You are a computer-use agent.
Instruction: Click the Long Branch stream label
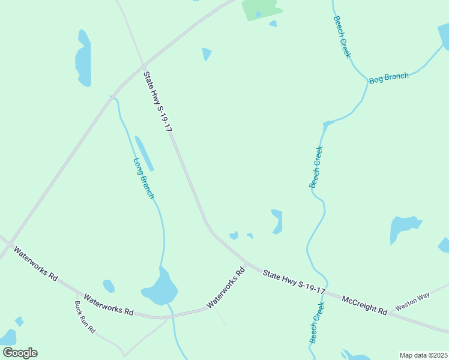click(x=144, y=178)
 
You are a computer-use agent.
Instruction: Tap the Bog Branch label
click(x=388, y=78)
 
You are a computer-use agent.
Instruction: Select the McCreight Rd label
click(x=364, y=304)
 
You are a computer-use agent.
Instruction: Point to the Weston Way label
click(x=412, y=302)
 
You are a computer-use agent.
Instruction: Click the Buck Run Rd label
click(x=85, y=317)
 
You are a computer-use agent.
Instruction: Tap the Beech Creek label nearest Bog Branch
click(x=342, y=37)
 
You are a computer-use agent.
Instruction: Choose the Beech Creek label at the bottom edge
click(x=317, y=323)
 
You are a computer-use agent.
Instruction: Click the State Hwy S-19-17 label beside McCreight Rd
click(x=294, y=282)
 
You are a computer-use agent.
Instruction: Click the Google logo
click(x=20, y=353)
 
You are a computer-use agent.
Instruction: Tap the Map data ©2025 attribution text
click(x=424, y=355)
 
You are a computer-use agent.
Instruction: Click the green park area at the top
click(x=261, y=8)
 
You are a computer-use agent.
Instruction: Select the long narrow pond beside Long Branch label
click(x=144, y=154)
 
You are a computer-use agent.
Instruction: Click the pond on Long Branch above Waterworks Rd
click(x=160, y=289)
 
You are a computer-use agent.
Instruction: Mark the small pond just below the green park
click(x=273, y=24)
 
